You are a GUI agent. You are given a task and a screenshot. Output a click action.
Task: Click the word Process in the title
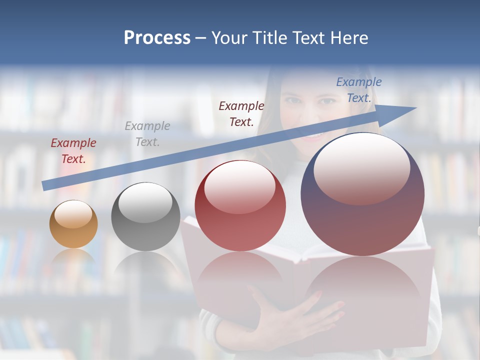(x=157, y=38)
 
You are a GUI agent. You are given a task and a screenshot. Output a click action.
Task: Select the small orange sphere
(x=73, y=224)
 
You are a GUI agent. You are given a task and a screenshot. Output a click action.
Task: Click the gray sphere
(x=145, y=216)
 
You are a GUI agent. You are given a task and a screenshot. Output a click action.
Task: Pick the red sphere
(x=240, y=205)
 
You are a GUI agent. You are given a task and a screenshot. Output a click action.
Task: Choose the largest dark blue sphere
(x=362, y=194)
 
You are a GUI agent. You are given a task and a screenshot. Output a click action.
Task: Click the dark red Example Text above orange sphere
(x=73, y=151)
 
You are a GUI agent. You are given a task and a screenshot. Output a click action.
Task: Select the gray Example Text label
(x=147, y=134)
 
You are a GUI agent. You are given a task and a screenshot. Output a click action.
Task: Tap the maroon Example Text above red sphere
(x=241, y=113)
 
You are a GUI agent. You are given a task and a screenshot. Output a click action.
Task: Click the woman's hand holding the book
(x=300, y=315)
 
